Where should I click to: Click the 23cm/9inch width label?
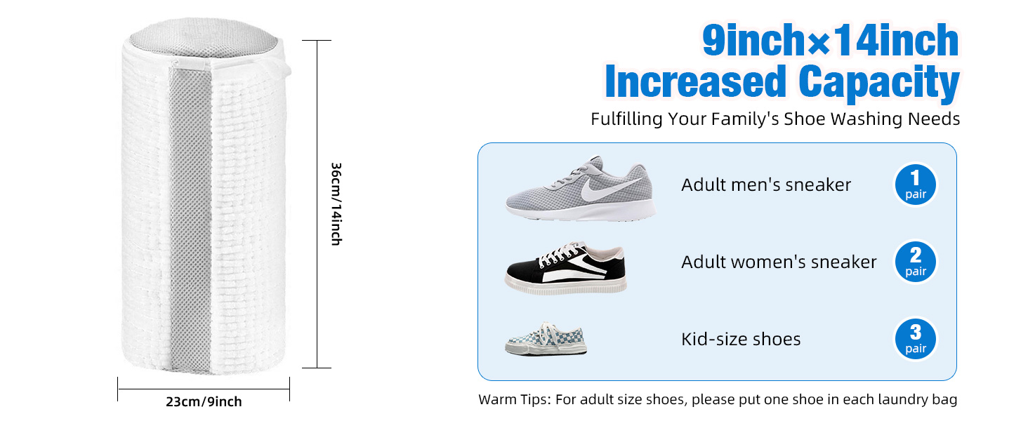point(204,402)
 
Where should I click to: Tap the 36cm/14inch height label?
point(336,204)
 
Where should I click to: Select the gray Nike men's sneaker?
point(581,189)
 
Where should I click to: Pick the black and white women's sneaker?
point(566,268)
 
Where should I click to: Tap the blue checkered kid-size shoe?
point(546,339)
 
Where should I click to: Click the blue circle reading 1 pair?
point(916,185)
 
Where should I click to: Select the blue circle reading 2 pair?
point(916,262)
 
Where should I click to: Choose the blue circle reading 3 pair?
point(916,340)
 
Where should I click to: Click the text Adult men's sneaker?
point(766,185)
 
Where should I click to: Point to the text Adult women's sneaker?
point(779,262)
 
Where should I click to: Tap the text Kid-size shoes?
point(741,340)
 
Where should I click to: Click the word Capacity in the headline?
point(879,83)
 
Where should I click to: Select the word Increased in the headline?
point(696,81)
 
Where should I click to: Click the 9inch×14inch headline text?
point(831,41)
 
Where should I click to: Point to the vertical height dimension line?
point(317,204)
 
